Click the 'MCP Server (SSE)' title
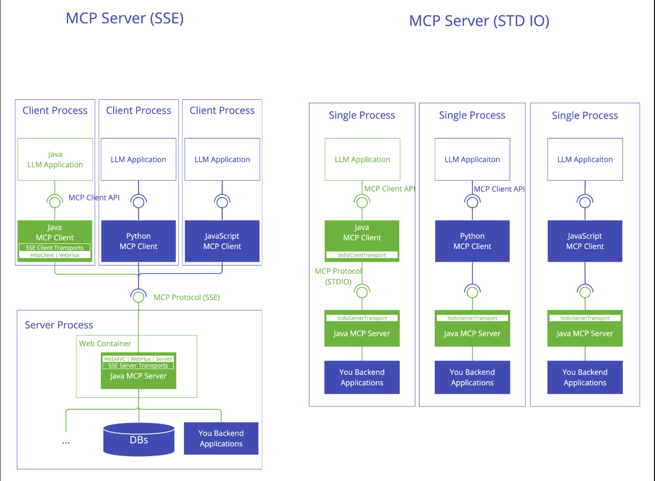click(124, 19)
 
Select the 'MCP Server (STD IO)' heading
click(479, 21)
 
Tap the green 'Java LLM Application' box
click(55, 159)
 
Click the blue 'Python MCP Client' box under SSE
click(139, 241)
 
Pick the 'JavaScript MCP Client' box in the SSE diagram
click(222, 241)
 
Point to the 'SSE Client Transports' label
click(55, 248)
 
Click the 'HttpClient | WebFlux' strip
click(55, 255)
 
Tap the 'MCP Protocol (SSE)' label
click(187, 297)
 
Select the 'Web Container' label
click(105, 344)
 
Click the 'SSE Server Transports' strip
click(138, 365)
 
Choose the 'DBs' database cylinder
click(139, 439)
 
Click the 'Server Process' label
click(59, 325)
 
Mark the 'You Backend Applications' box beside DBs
click(221, 438)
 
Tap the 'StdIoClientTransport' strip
click(362, 255)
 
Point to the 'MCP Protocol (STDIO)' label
click(338, 276)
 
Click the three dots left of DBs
click(66, 443)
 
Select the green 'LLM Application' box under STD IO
click(362, 159)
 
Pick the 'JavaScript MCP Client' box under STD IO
click(585, 241)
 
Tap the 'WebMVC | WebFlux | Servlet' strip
click(138, 359)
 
